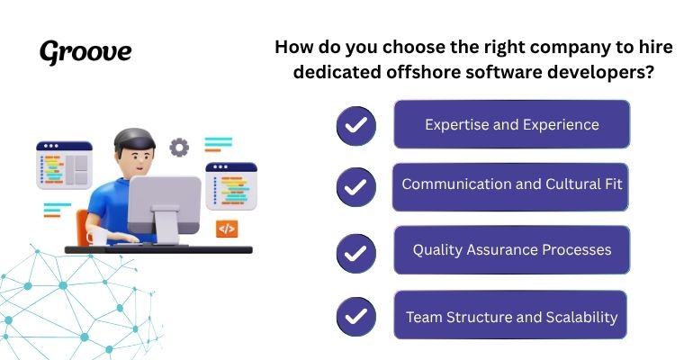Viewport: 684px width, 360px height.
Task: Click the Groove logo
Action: click(x=85, y=51)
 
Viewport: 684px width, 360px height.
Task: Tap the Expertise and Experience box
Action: click(x=511, y=124)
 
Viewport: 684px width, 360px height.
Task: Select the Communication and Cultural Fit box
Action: click(x=511, y=184)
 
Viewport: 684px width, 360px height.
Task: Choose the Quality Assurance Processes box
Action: click(x=511, y=249)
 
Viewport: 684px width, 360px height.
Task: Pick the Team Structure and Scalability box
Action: click(x=511, y=317)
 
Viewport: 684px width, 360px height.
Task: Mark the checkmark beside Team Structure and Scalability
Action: click(x=355, y=317)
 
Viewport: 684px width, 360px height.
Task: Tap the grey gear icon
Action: click(x=179, y=147)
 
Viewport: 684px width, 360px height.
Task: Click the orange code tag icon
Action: click(x=226, y=229)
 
